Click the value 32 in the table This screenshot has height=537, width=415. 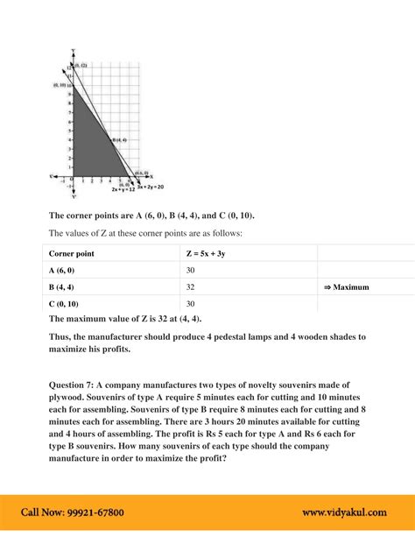(x=191, y=286)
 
